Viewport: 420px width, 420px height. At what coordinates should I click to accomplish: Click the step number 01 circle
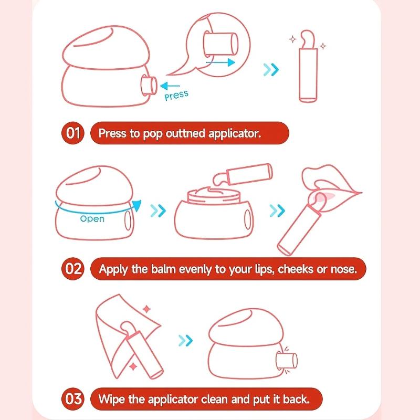click(73, 133)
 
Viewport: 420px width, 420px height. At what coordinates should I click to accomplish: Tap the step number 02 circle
click(73, 269)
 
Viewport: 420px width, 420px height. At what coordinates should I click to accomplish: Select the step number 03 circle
click(73, 399)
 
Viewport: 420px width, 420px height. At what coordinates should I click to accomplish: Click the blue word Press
click(176, 95)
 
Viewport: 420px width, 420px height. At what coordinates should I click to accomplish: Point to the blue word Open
click(92, 219)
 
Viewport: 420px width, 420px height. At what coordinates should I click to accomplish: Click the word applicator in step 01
click(235, 134)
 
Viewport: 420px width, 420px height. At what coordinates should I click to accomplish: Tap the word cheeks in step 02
click(296, 269)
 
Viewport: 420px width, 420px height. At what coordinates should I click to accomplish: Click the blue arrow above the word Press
click(170, 86)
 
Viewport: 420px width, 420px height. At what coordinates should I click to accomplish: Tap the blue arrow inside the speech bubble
click(220, 62)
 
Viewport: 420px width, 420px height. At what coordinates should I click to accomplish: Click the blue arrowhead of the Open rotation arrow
click(136, 205)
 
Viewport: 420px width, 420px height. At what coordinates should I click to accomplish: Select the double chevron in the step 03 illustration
click(185, 340)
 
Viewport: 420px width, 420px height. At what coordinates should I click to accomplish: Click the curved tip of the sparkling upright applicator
click(308, 39)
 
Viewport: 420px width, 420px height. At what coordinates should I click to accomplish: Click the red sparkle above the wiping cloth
click(146, 309)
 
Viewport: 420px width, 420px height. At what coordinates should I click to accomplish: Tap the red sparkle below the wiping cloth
click(133, 366)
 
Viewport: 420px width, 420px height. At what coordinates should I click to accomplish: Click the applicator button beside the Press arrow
click(149, 85)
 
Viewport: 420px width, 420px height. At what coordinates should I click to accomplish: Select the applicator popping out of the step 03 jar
click(287, 361)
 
